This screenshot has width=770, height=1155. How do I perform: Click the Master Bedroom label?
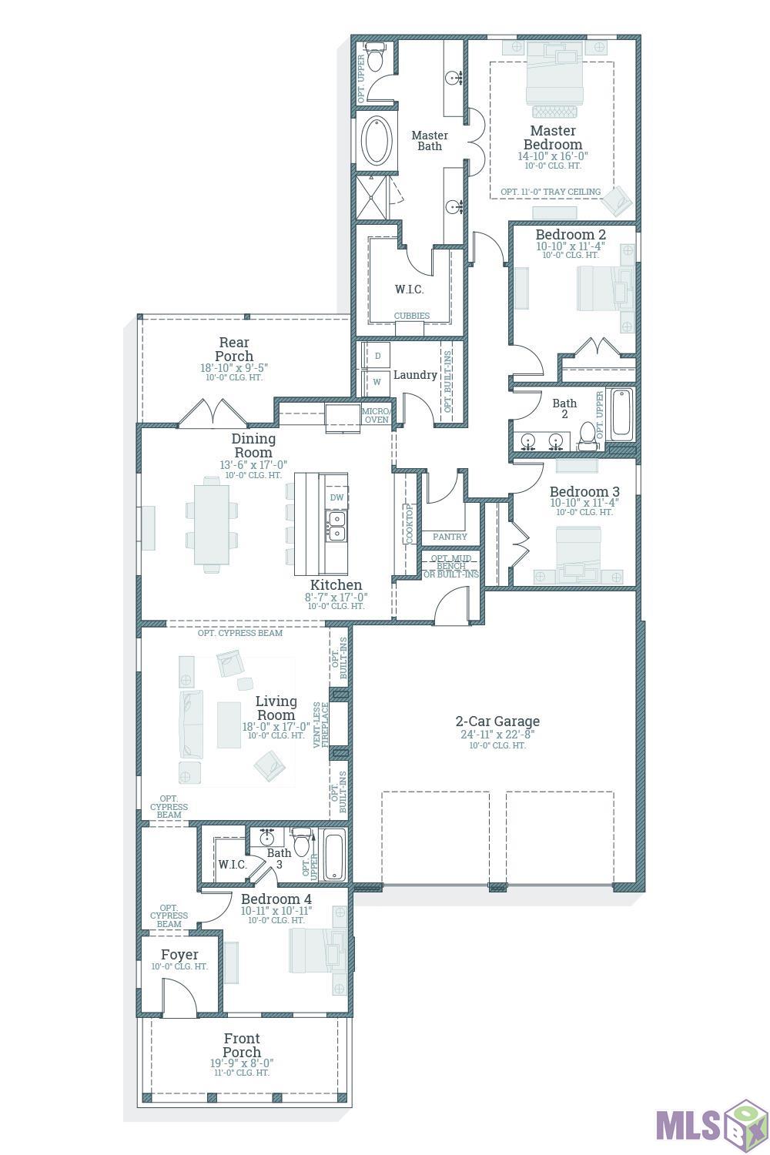553,138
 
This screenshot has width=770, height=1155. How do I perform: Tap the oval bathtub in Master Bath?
377,140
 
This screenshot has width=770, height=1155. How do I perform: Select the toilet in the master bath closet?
375,57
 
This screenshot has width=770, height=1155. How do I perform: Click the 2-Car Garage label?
497,721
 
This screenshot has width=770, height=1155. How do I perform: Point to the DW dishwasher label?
336,497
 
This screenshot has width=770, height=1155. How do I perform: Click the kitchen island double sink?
336,525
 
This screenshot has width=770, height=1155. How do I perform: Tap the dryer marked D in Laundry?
377,356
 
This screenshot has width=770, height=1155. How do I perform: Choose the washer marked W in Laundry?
377,382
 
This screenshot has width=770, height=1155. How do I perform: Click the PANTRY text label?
450,537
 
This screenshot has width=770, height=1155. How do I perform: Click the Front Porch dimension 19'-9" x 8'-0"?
242,1063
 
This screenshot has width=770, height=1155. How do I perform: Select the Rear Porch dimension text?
234,368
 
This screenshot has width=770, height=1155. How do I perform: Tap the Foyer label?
179,955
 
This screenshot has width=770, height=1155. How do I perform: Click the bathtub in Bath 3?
334,855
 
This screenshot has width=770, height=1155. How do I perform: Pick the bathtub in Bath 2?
621,414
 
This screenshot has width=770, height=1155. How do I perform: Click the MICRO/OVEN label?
377,416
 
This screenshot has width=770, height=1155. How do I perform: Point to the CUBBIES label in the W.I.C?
412,316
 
